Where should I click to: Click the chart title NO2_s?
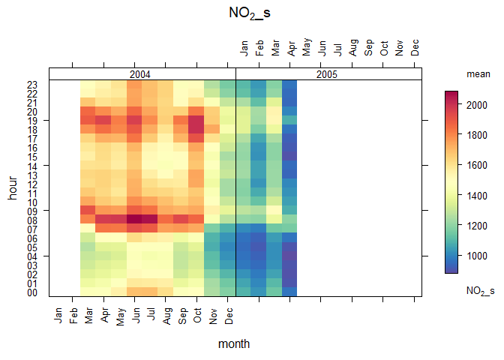point(252,13)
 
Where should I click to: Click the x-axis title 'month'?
point(233,343)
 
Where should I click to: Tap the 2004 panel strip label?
point(139,74)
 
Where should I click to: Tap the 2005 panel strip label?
point(327,74)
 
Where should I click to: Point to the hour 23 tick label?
point(32,84)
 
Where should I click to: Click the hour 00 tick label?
point(32,292)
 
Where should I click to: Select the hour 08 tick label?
point(32,220)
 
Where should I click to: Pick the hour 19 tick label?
point(32,120)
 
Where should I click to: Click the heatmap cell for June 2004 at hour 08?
point(135,220)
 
